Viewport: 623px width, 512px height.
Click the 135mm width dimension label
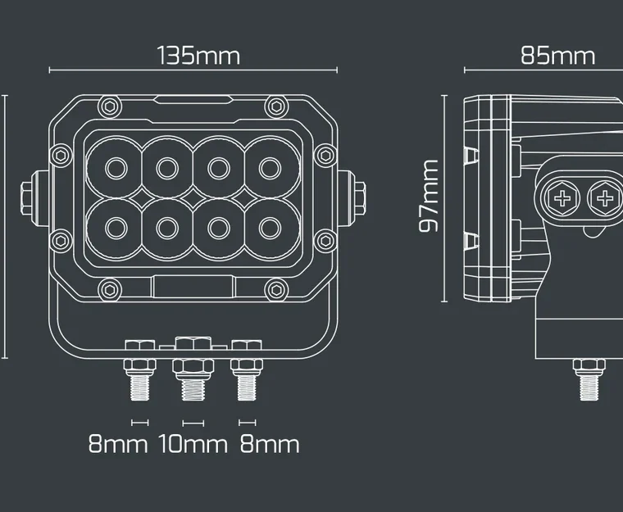pyautogui.click(x=198, y=57)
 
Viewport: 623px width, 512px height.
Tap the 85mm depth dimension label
pyautogui.click(x=557, y=57)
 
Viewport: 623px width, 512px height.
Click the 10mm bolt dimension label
pyautogui.click(x=193, y=445)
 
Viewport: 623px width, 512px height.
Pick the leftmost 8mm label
pyautogui.click(x=118, y=445)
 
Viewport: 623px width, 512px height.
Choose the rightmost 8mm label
pyautogui.click(x=269, y=445)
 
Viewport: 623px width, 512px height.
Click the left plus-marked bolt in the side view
pyautogui.click(x=562, y=197)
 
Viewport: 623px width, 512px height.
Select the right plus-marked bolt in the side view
pyautogui.click(x=605, y=197)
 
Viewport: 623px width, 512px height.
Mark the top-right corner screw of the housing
pyautogui.click(x=275, y=105)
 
